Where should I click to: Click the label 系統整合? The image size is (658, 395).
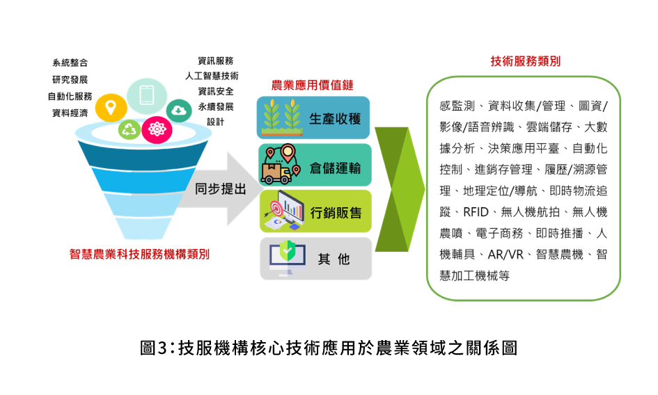coord(70,63)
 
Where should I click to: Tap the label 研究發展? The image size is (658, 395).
coord(70,80)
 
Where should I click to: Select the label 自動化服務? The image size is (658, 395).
coord(70,97)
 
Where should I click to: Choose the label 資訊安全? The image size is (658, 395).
coord(215,91)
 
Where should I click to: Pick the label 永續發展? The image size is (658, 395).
coord(215,106)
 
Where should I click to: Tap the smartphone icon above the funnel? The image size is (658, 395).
coord(146,94)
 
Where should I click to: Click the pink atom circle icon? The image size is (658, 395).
coord(155,128)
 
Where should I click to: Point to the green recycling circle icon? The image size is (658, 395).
coord(130,128)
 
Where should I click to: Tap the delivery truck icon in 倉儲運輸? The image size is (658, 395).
coord(279,167)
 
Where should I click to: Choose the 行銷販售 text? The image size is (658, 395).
coord(336,212)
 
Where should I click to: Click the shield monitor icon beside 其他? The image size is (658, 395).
coord(284,257)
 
